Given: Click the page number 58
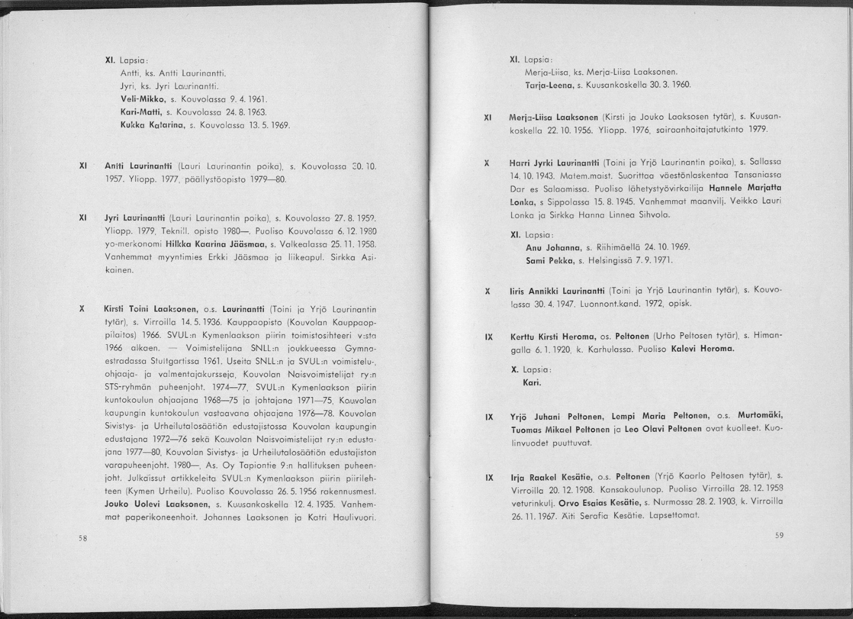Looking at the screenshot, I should point(83,539).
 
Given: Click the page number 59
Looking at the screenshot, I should point(778,536).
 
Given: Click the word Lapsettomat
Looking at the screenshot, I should point(675,515).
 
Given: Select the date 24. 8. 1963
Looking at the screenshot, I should point(239,111).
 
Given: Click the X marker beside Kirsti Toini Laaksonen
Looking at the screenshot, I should point(83,308).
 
